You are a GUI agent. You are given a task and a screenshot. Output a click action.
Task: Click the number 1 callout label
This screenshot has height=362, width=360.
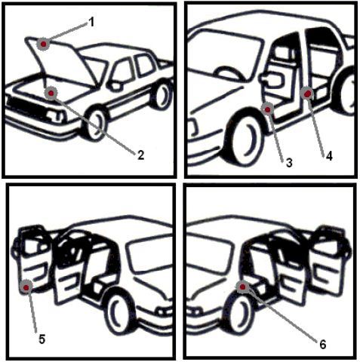92,23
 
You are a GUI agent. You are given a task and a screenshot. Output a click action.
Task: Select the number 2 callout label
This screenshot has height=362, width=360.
141,155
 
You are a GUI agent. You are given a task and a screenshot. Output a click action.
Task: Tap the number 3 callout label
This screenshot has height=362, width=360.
289,163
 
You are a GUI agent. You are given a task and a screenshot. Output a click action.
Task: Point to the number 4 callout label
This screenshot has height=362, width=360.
329,156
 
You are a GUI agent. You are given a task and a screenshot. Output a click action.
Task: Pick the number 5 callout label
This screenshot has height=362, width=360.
42,339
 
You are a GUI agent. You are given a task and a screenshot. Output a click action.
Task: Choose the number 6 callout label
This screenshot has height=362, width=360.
323,344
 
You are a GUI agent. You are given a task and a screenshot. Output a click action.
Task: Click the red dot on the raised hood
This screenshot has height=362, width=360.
44,44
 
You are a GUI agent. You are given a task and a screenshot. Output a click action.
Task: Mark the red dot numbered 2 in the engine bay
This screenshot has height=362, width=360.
51,94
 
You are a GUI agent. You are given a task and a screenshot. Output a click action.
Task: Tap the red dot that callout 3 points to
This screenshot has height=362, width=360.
268,109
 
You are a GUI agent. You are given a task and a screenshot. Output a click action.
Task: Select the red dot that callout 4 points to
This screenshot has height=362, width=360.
307,94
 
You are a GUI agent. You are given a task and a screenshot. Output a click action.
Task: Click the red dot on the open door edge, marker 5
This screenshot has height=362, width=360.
26,287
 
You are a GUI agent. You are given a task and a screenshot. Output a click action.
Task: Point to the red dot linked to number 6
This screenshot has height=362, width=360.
242,287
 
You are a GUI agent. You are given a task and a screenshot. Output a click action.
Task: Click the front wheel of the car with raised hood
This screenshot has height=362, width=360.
95,123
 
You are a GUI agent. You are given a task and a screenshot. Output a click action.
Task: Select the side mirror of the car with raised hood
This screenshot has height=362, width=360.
114,85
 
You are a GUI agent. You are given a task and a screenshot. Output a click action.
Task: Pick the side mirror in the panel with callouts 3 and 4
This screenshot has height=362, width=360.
272,78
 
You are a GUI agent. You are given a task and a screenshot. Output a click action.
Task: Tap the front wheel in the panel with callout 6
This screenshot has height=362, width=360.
239,316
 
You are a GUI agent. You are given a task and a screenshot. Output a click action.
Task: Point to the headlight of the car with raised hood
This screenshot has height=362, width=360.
54,115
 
